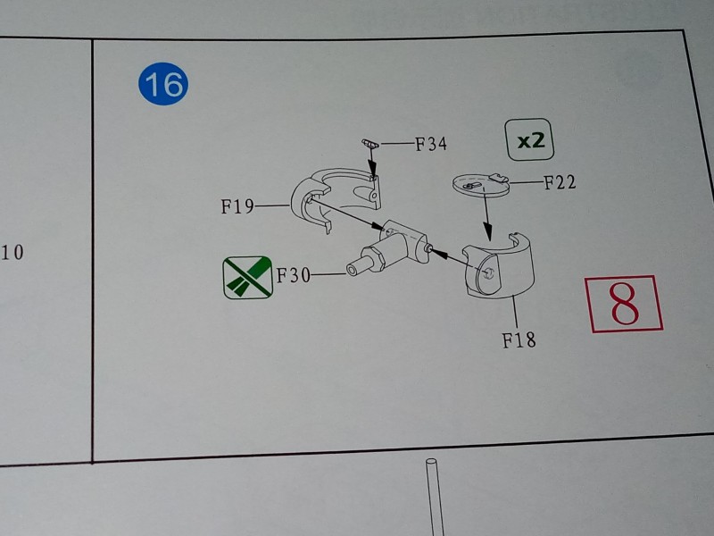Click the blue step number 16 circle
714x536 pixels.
(x=162, y=85)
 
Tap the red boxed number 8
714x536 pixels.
(x=624, y=305)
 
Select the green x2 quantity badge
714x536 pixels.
(x=527, y=140)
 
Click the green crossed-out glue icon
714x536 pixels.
(x=246, y=278)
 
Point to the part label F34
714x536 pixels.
(x=431, y=145)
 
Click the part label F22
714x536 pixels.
(x=560, y=183)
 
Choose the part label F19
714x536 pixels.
(x=237, y=207)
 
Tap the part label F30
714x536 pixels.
(x=293, y=275)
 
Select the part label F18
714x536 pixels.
(x=519, y=339)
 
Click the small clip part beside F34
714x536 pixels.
(x=371, y=143)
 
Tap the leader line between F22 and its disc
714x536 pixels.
(x=525, y=184)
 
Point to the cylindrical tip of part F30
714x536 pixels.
(x=356, y=268)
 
